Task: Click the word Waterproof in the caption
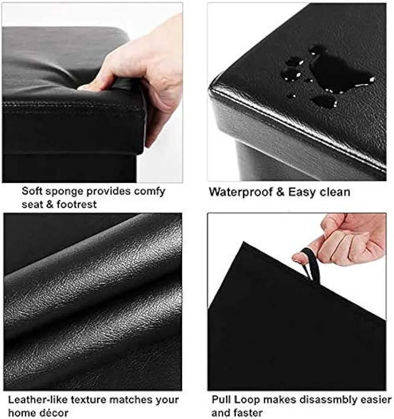click(x=241, y=193)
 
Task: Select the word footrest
click(x=77, y=204)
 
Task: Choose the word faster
click(x=248, y=412)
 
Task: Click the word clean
click(x=335, y=193)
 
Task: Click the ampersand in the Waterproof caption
click(x=280, y=193)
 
